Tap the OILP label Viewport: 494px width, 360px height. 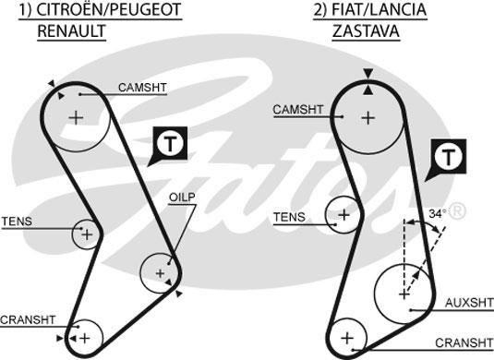tap(181, 198)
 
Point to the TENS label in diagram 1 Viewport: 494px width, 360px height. tap(16, 222)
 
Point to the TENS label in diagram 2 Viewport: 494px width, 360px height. tap(288, 217)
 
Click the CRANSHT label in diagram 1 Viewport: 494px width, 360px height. tap(28, 319)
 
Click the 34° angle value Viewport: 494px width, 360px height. tap(438, 214)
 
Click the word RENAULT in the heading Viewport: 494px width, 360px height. tap(71, 30)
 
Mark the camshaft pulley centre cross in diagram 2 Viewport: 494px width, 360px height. tap(368, 117)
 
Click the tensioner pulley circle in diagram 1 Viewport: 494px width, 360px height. tap(86, 234)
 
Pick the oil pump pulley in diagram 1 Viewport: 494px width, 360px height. tap(160, 273)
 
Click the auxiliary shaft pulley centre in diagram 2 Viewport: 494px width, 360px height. tap(404, 293)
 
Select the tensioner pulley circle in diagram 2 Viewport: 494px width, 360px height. tap(344, 215)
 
